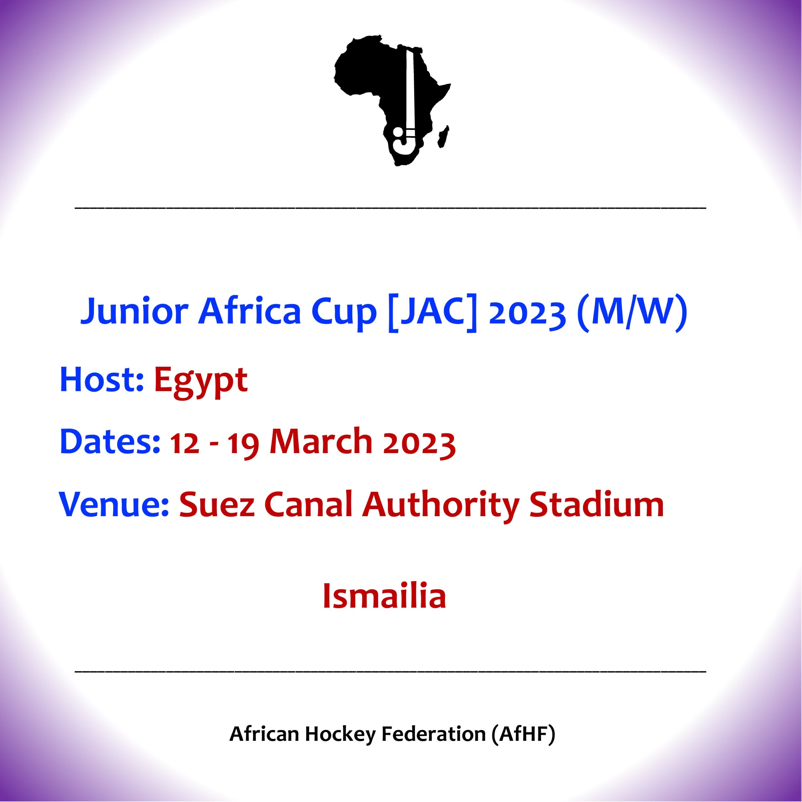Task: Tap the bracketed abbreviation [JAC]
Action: pyautogui.click(x=432, y=312)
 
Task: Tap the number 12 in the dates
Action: pyautogui.click(x=184, y=443)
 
